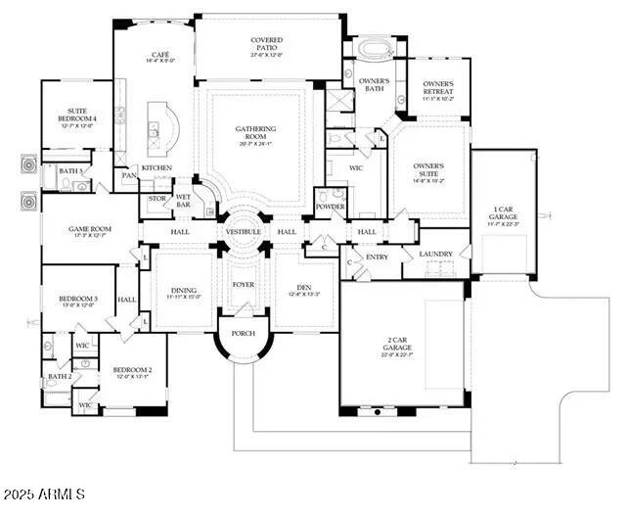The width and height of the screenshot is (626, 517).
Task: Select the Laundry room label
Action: pyautogui.click(x=435, y=255)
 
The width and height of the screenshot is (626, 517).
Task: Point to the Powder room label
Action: pyautogui.click(x=330, y=208)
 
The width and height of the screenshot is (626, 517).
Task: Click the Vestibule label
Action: pyautogui.click(x=243, y=231)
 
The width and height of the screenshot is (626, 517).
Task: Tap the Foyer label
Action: pyautogui.click(x=243, y=285)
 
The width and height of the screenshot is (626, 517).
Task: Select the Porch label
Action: pyautogui.click(x=243, y=333)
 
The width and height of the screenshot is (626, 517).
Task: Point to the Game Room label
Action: pyautogui.click(x=90, y=232)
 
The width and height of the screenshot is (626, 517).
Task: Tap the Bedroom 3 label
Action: pyautogui.click(x=77, y=301)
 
